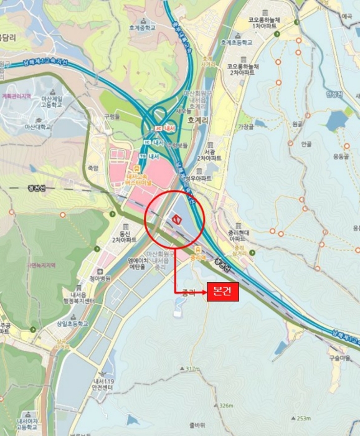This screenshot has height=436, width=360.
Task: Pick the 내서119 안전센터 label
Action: click(100, 384)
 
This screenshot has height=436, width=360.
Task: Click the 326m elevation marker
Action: click(225, 405)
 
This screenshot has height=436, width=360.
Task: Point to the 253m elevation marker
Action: click(303, 418)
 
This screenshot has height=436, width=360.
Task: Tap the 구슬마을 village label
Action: click(341, 358)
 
